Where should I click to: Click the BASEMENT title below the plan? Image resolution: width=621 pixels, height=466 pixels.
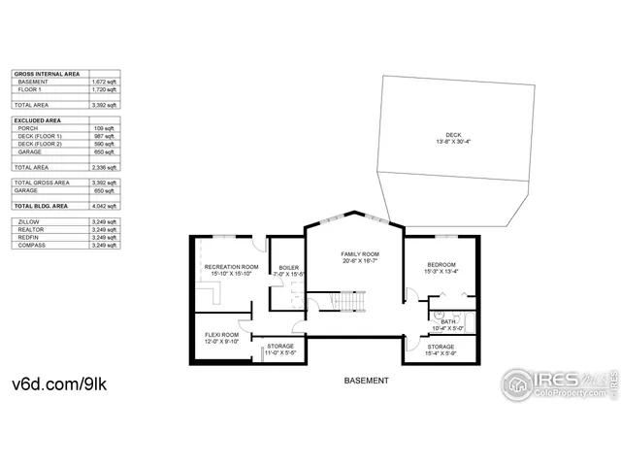tap(367, 381)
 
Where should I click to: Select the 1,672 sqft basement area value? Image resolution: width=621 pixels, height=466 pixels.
tap(105, 82)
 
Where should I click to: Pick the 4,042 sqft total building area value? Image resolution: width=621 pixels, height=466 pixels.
tap(105, 207)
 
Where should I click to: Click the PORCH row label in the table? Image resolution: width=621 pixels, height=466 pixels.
tap(27, 128)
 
